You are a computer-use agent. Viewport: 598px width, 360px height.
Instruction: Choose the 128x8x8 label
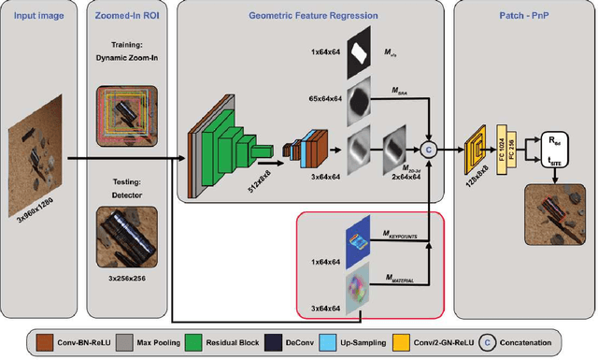click(473, 180)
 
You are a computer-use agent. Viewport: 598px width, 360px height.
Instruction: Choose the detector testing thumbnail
click(132, 234)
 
